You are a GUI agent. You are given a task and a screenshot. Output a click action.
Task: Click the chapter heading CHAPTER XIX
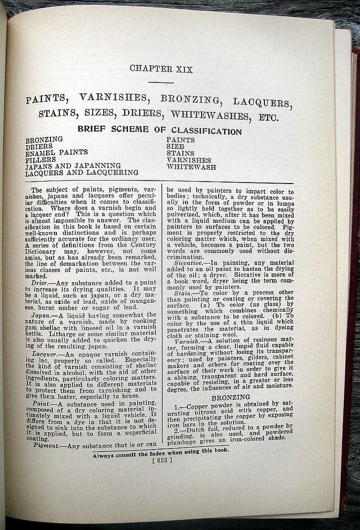161,69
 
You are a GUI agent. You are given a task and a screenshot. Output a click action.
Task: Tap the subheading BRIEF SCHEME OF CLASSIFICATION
159,131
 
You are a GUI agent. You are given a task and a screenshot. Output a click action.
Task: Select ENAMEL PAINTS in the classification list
56,153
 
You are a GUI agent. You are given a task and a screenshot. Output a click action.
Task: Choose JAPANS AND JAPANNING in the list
73,166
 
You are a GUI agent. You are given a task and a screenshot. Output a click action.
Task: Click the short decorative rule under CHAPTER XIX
161,82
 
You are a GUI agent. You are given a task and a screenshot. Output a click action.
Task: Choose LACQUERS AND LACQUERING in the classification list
82,173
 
